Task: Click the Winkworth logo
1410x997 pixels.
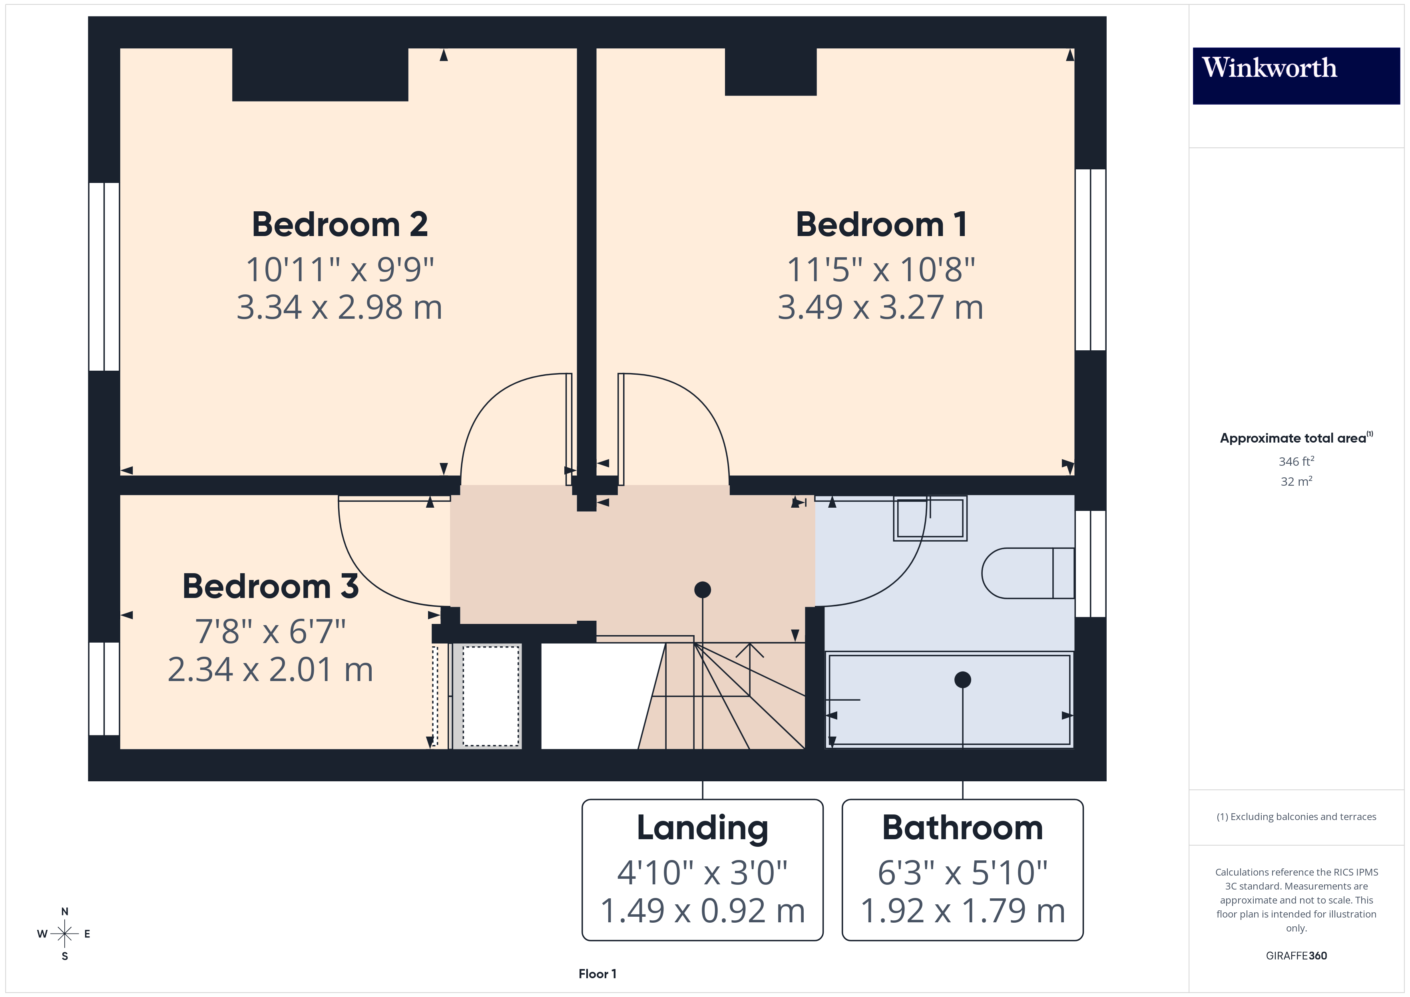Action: [x=1295, y=75]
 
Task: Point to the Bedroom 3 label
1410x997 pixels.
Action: [x=270, y=586]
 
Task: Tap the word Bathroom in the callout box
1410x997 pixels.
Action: [x=962, y=828]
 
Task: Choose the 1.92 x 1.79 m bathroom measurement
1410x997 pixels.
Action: [x=962, y=910]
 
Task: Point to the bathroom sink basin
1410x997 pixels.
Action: [x=930, y=518]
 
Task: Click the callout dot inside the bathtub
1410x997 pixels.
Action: [x=962, y=679]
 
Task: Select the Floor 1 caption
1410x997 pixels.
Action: [x=597, y=974]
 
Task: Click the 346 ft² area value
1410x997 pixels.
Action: [x=1296, y=461]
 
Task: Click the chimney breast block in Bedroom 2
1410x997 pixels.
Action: [x=320, y=74]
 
